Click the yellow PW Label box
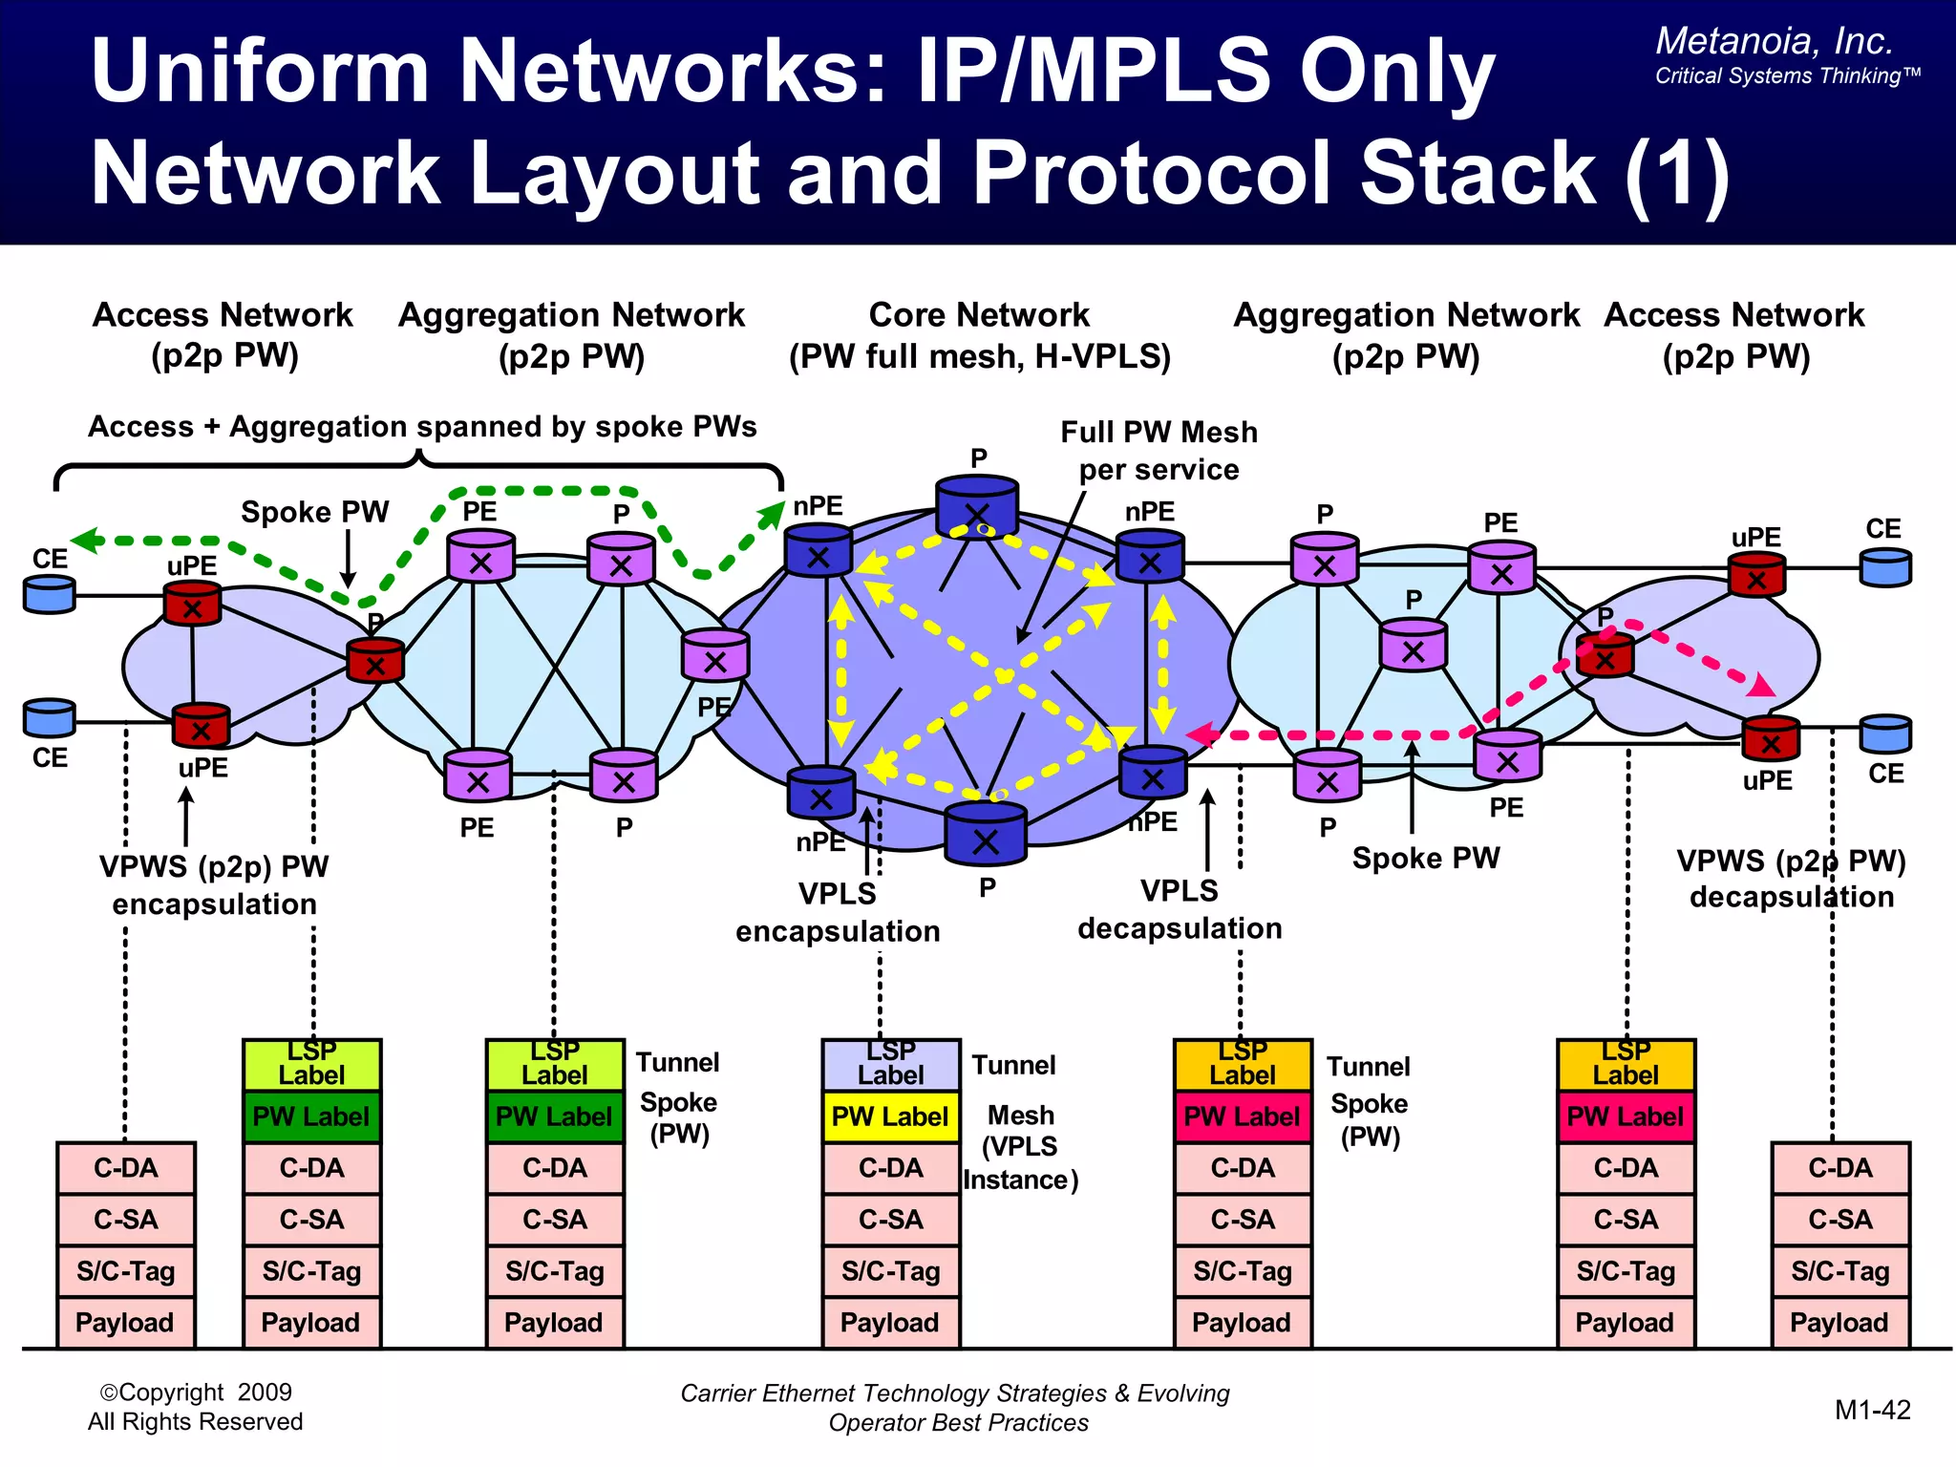coord(890,1116)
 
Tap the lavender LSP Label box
coord(890,1065)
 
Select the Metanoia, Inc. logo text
coord(1774,41)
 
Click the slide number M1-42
coord(1872,1410)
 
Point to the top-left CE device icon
coord(49,594)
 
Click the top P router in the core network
coord(976,506)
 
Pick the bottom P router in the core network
coord(985,834)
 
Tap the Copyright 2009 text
coord(195,1393)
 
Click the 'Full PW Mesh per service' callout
coord(1159,451)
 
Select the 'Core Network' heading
coord(979,315)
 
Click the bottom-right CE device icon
coord(1884,734)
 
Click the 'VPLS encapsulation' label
coord(838,912)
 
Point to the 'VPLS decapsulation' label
coord(1180,909)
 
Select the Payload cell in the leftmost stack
coord(125,1323)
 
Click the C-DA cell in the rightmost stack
coord(1839,1168)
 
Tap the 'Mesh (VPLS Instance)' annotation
coord(1020,1147)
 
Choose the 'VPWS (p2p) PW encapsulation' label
coord(214,884)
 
